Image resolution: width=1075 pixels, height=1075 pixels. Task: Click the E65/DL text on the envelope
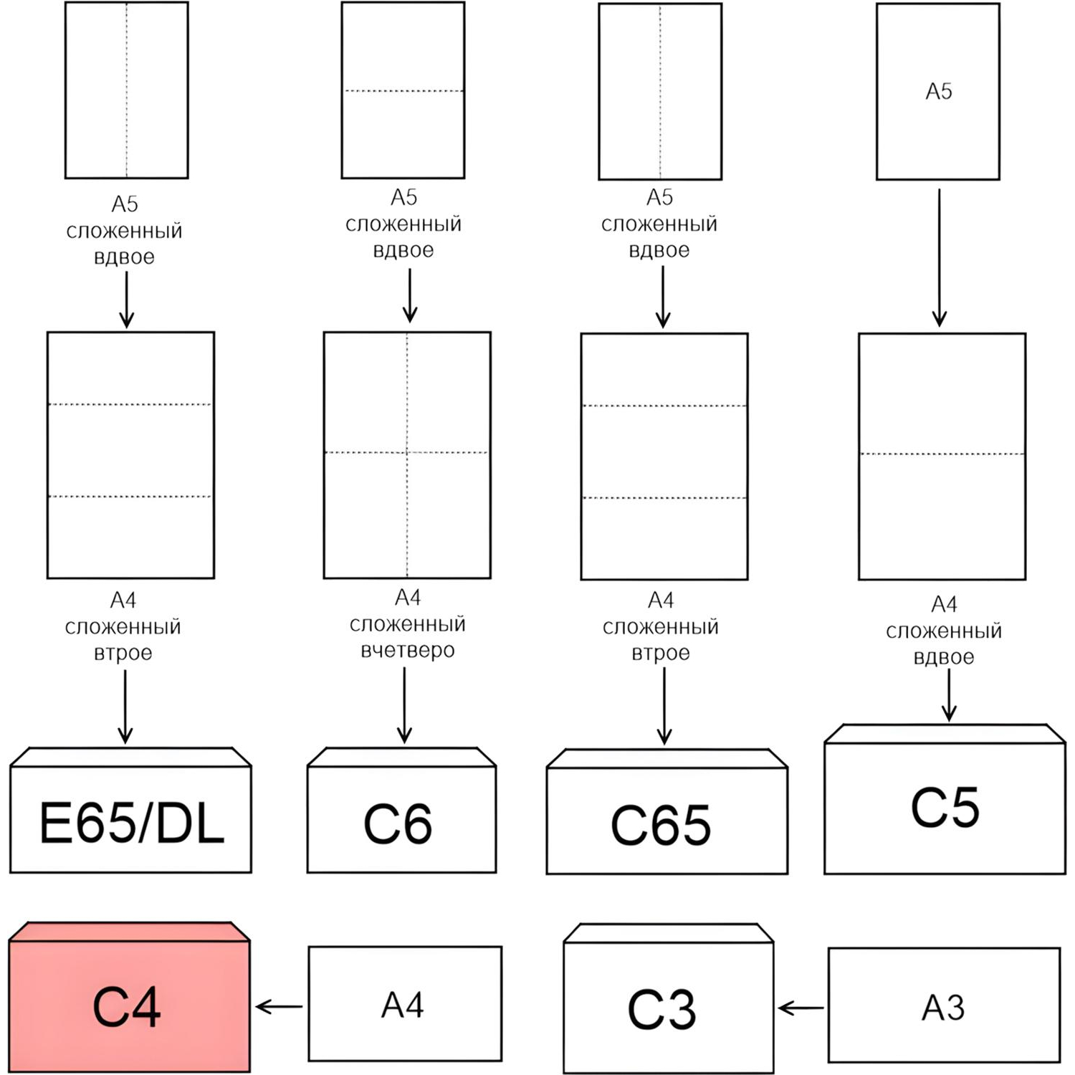pos(131,823)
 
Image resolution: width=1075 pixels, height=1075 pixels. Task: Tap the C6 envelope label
pos(398,824)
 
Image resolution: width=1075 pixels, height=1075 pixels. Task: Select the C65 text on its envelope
pos(661,825)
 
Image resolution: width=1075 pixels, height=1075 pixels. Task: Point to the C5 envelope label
pos(945,808)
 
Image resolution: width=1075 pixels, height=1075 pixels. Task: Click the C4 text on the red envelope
pos(127,1006)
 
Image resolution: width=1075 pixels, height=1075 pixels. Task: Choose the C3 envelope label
pos(661,1010)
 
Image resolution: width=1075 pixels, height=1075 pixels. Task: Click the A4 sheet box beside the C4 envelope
pos(404,1004)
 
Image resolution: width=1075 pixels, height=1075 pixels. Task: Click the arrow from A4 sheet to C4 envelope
pos(279,1007)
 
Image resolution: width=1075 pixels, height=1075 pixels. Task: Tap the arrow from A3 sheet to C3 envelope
pos(801,1009)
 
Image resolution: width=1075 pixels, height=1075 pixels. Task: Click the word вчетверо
pos(407,651)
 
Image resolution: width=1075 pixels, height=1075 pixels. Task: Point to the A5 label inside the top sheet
pos(938,92)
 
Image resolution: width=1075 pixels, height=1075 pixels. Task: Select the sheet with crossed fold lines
pos(407,454)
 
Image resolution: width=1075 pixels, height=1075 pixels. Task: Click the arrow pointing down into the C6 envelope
pos(404,706)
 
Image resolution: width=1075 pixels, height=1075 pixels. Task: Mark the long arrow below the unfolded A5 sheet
pos(939,257)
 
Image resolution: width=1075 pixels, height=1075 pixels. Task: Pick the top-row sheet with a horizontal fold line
pos(403,90)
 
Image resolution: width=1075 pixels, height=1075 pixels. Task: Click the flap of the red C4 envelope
pos(129,931)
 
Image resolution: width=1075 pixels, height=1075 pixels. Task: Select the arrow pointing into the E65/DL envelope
pos(125,707)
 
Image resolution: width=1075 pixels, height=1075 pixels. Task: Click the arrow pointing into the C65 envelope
pos(664,707)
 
